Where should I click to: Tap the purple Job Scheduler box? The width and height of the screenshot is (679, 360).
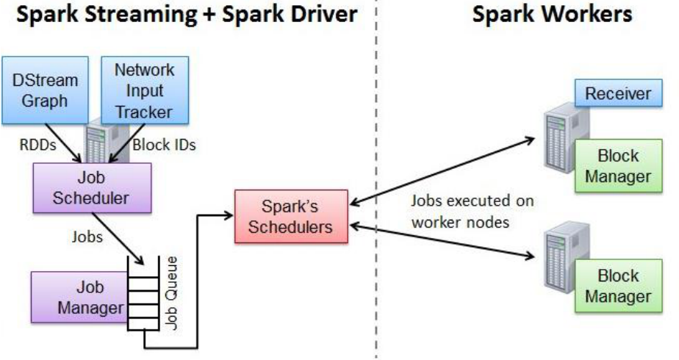pos(92,187)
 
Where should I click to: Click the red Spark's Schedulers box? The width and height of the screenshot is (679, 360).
pos(290,216)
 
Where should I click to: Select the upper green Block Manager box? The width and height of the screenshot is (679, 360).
pos(618,166)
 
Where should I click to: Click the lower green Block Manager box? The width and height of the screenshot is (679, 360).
pos(618,286)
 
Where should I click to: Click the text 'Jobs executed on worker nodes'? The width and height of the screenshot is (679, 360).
pos(472,210)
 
